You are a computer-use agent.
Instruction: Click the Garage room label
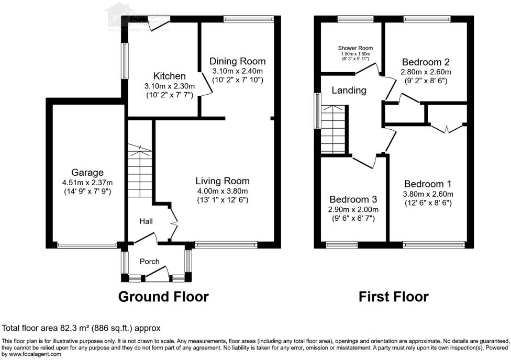pyautogui.click(x=87, y=172)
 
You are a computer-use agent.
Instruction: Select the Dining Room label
pyautogui.click(x=237, y=61)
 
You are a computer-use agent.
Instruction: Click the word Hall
pyautogui.click(x=146, y=222)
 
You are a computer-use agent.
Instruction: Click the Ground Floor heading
pyautogui.click(x=163, y=297)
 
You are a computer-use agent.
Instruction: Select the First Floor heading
pyautogui.click(x=393, y=297)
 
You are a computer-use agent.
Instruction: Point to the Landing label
pyautogui.click(x=349, y=90)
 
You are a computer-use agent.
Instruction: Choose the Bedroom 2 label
pyautogui.click(x=425, y=61)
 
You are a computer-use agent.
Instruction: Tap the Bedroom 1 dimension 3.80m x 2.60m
pyautogui.click(x=428, y=194)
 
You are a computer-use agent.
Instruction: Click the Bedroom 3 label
pyautogui.click(x=353, y=199)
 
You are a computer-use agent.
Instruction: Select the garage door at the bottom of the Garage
pyautogui.click(x=87, y=244)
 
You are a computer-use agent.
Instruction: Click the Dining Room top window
pyautogui.click(x=248, y=19)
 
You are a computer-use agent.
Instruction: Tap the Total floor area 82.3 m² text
pyautogui.click(x=81, y=328)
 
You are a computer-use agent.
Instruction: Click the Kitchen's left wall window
pyautogui.click(x=125, y=61)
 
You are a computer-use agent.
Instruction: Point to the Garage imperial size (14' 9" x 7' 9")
pyautogui.click(x=87, y=192)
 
